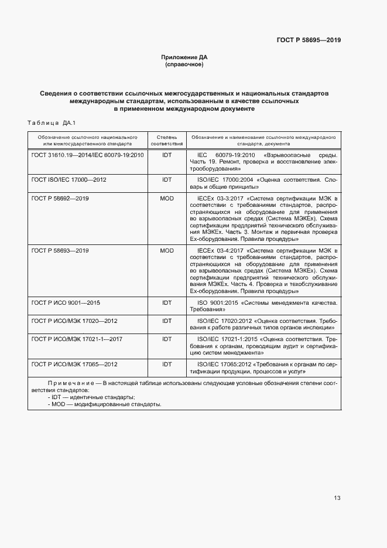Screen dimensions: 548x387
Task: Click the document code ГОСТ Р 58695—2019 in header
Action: coord(308,40)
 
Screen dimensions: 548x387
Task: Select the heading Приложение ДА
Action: coord(184,57)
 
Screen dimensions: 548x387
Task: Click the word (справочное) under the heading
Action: coord(184,64)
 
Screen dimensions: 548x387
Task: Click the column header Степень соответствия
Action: coord(167,139)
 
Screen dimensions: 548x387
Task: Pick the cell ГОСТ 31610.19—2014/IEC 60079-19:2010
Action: coord(87,155)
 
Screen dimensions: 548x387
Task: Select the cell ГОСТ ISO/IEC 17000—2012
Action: coord(69,179)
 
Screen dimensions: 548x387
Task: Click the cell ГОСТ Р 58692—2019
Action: coord(60,199)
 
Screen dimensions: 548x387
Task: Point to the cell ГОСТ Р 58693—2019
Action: coord(60,250)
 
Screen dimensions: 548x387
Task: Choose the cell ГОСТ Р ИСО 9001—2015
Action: coord(66,302)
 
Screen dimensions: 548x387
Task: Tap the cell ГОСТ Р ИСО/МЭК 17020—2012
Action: coord(74,321)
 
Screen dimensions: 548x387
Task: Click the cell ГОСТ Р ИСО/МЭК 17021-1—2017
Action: coord(77,339)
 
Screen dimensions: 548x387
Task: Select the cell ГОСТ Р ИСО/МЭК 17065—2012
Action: coord(74,364)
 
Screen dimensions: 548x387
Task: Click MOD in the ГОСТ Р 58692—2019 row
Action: coord(167,199)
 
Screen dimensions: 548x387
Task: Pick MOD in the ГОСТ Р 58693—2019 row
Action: coord(167,250)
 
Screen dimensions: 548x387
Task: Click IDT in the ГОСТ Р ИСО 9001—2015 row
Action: coord(167,302)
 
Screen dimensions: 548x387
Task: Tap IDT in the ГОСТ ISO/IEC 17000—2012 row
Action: coord(167,179)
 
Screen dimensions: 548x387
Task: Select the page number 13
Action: coord(337,498)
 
